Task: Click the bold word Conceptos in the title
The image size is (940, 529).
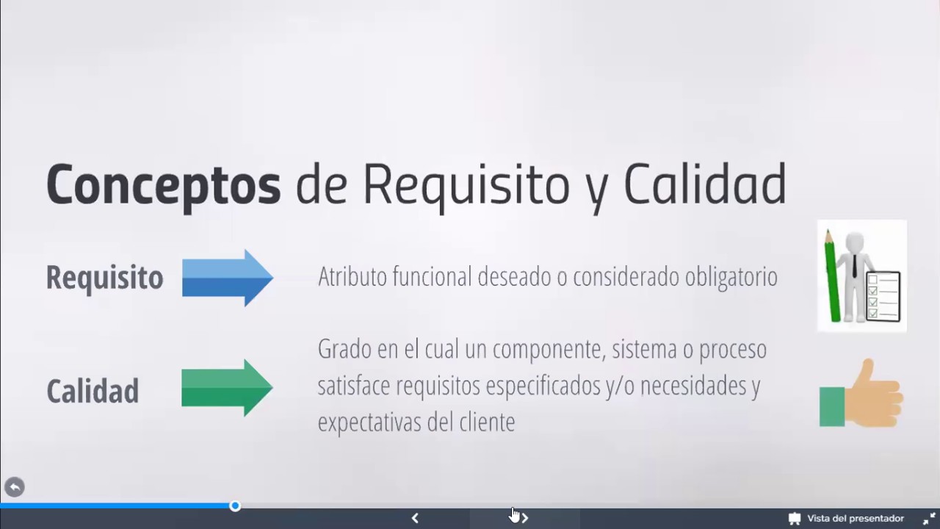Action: [163, 185]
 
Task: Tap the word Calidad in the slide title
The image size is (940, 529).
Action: [704, 184]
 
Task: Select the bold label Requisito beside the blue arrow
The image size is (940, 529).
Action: [104, 278]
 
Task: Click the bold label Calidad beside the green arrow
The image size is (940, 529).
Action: [93, 391]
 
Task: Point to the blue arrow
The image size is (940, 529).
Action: [227, 278]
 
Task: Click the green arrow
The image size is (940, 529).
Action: [227, 388]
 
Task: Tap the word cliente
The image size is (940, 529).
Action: [486, 422]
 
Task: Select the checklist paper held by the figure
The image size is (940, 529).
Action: [883, 296]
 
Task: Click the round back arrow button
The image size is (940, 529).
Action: [15, 486]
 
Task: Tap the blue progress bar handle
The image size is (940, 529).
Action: [235, 505]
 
